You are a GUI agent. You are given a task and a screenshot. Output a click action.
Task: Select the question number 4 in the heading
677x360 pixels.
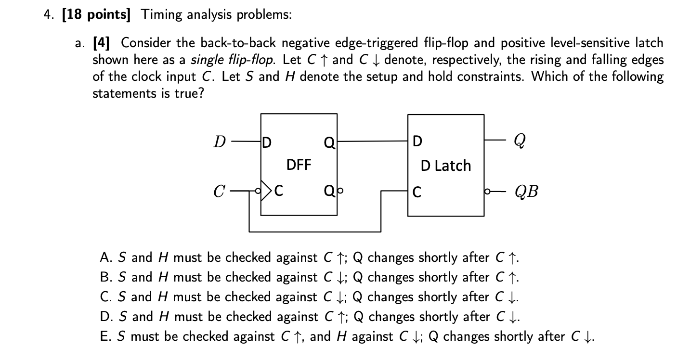[46, 15]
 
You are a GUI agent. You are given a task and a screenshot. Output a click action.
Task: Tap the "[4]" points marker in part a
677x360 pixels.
[101, 43]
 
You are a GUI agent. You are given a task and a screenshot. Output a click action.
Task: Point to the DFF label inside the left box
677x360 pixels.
[299, 166]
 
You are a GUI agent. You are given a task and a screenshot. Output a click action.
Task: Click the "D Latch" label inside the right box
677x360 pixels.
[445, 166]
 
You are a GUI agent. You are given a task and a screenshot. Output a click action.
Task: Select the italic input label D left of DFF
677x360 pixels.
[220, 142]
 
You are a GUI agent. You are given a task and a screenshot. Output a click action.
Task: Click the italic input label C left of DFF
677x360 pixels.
[220, 192]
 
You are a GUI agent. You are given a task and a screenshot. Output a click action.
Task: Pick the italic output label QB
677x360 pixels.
[526, 192]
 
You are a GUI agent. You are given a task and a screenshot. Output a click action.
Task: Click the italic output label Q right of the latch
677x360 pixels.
[520, 141]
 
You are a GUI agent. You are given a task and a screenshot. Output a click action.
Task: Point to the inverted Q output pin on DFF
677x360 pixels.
[329, 192]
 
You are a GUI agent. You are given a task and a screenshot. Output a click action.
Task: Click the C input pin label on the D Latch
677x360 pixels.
[417, 192]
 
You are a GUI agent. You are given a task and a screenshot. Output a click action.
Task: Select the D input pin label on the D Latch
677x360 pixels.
[417, 141]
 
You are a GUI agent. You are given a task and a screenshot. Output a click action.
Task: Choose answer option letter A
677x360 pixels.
[105, 257]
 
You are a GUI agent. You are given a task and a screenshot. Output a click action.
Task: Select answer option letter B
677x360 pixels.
[105, 277]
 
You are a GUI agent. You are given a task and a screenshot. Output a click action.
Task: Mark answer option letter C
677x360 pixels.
[105, 297]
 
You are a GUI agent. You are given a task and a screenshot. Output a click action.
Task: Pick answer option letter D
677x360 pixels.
[105, 317]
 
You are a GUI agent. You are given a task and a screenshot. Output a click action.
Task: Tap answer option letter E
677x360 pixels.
[105, 336]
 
